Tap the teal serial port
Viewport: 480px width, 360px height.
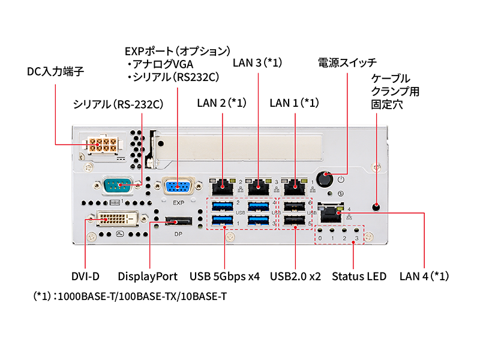tap(120, 185)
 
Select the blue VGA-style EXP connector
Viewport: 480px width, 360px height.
tap(178, 186)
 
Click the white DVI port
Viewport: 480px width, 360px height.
tap(113, 220)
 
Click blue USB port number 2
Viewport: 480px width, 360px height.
tap(222, 207)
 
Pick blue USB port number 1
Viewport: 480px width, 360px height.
tap(222, 223)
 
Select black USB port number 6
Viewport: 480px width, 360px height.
tap(294, 207)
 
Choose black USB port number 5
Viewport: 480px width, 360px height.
tap(294, 223)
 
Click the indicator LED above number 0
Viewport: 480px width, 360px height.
tap(320, 230)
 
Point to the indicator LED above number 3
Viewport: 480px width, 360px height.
tap(356, 230)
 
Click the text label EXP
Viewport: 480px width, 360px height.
tap(178, 203)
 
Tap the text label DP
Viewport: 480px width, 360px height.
tap(178, 234)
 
